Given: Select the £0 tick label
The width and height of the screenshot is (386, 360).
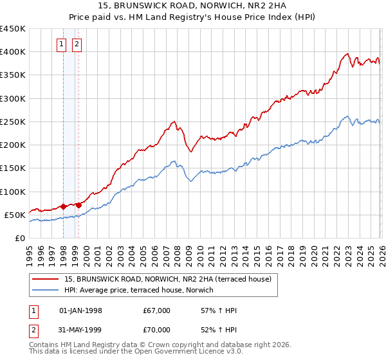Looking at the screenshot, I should tap(19, 239).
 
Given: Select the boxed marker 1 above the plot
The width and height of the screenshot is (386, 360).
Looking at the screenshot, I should tap(61, 44).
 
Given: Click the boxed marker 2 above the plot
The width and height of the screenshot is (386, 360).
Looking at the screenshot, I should tap(77, 44).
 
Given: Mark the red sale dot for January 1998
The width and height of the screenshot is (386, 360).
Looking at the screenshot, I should tap(63, 207).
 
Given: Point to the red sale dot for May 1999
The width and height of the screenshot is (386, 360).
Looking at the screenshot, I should tap(79, 206).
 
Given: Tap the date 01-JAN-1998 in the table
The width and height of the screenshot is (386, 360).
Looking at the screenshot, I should tap(80, 310).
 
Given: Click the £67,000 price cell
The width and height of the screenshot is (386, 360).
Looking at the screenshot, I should tap(157, 310).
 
